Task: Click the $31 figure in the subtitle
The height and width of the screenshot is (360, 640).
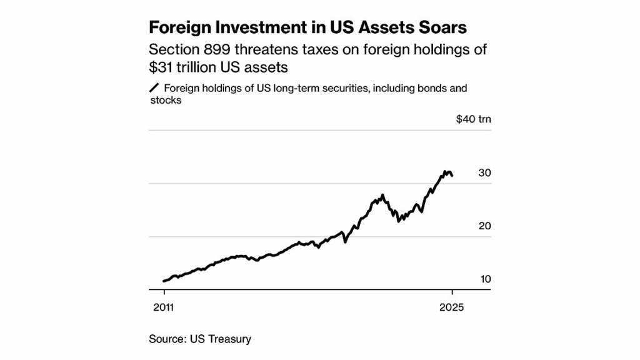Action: (163, 67)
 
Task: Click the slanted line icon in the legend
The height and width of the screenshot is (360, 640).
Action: (154, 88)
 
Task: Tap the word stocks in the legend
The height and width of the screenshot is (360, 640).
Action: (166, 100)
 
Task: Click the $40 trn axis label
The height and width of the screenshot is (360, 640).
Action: (473, 119)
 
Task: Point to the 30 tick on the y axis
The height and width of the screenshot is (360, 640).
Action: (484, 173)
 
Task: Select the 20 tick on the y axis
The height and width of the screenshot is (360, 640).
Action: (484, 226)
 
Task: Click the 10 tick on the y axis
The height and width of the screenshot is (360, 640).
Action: (485, 279)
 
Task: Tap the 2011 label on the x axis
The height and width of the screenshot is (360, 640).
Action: (164, 307)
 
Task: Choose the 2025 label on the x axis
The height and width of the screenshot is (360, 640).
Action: (452, 307)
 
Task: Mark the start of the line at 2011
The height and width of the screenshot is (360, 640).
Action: (164, 281)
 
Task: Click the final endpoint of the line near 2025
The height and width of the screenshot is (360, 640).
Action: (452, 176)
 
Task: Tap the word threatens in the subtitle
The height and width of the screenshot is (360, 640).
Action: (276, 49)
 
